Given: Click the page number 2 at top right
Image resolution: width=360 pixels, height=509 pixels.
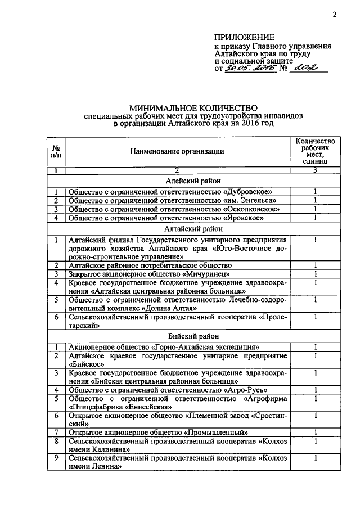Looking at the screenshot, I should tap(334, 15).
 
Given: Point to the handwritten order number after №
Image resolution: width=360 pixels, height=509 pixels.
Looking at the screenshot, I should tap(306, 67).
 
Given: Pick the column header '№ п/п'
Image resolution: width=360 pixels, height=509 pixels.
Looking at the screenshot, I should tap(56, 151).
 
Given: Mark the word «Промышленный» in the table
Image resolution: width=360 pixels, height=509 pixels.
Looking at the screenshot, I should tap(217, 433).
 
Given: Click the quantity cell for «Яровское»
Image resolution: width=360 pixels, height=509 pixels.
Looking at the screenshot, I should tap(315, 218).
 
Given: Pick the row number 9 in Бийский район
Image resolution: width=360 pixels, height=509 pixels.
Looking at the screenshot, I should tap(56, 458).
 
